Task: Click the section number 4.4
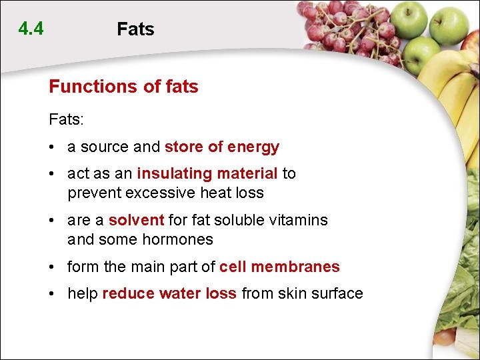[x=31, y=29]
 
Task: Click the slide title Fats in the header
[x=135, y=29]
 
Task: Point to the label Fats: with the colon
[x=67, y=120]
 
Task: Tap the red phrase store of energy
[x=222, y=147]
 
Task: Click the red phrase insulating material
[x=207, y=174]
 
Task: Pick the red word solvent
[x=136, y=220]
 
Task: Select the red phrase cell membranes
[x=279, y=267]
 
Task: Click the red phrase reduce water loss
[x=169, y=294]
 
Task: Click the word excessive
[x=162, y=193]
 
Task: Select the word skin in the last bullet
[x=289, y=294]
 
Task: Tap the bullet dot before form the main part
[x=52, y=267]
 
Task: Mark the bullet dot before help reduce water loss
[x=52, y=294]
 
